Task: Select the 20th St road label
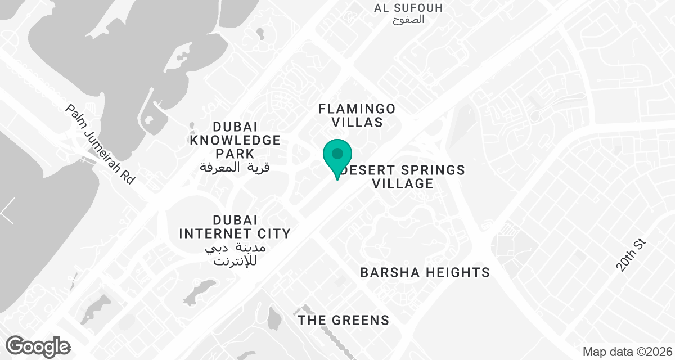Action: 632,254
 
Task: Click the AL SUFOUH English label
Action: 408,8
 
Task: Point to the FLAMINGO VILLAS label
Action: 357,115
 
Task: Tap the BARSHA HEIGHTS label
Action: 425,273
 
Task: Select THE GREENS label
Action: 344,321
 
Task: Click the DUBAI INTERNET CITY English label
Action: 234,226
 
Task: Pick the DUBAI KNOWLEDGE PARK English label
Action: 235,139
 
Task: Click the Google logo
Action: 38,345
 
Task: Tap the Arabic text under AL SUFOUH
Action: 408,20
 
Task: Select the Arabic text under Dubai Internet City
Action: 235,254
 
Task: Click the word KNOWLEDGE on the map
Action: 235,139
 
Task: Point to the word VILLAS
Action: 357,122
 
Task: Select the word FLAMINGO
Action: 357,108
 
